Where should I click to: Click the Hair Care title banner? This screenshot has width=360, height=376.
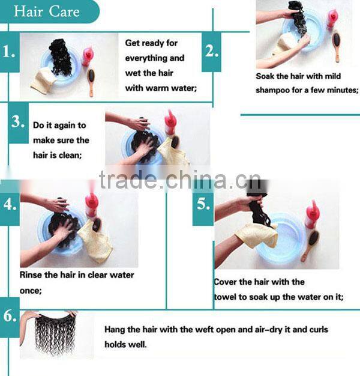pyautogui.click(x=48, y=11)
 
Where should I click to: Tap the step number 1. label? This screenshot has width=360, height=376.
pyautogui.click(x=9, y=52)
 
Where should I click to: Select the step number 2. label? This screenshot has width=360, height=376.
pyautogui.click(x=211, y=52)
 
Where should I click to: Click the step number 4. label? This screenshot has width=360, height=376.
pyautogui.click(x=10, y=205)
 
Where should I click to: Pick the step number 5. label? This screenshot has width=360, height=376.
pyautogui.click(x=203, y=205)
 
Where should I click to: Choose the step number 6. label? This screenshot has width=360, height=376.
pyautogui.click(x=10, y=316)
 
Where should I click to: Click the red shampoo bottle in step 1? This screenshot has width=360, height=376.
pyautogui.click(x=88, y=56)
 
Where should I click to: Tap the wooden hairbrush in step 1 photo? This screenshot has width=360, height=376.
pyautogui.click(x=91, y=82)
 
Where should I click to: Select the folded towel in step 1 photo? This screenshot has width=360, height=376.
pyautogui.click(x=42, y=81)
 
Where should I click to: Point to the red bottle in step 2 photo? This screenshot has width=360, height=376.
pyautogui.click(x=332, y=19)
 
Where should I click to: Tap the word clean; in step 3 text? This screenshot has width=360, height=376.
pyautogui.click(x=70, y=156)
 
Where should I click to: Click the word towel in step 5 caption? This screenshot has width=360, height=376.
pyautogui.click(x=226, y=297)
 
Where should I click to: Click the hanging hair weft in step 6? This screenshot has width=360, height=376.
pyautogui.click(x=55, y=333)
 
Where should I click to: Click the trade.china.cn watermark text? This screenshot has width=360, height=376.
pyautogui.click(x=179, y=180)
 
